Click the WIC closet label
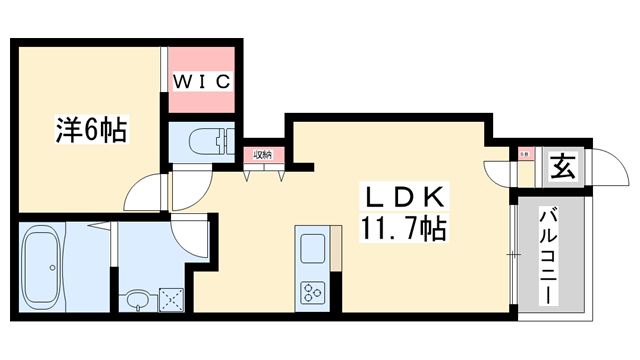point(204,79)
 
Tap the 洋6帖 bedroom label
point(91,129)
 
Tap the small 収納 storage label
point(262,155)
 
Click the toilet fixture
point(211,140)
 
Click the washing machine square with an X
point(173,297)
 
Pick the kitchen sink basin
point(311,248)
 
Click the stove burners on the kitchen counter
point(311,293)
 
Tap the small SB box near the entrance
point(524,154)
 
